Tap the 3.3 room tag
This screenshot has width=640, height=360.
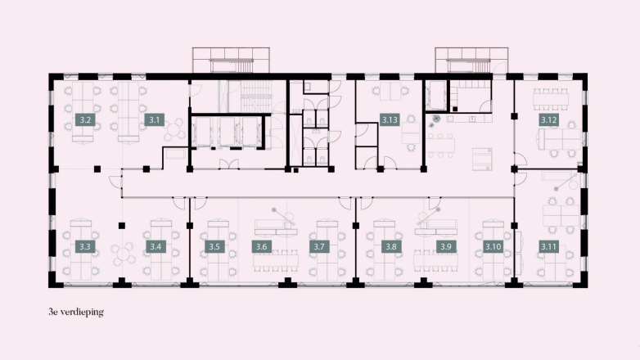[84, 246]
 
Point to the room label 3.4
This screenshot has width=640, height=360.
[154, 246]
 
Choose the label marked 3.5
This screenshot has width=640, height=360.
[214, 246]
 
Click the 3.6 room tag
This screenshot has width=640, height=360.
[262, 246]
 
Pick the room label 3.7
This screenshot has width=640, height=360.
[320, 246]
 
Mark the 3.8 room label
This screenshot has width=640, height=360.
[390, 246]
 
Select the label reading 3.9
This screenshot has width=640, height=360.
[445, 246]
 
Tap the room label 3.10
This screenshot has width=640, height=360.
[493, 246]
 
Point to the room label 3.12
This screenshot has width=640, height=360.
[548, 120]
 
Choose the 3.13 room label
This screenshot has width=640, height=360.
[390, 120]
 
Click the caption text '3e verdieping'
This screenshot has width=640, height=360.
[77, 313]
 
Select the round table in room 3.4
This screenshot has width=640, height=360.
[126, 254]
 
